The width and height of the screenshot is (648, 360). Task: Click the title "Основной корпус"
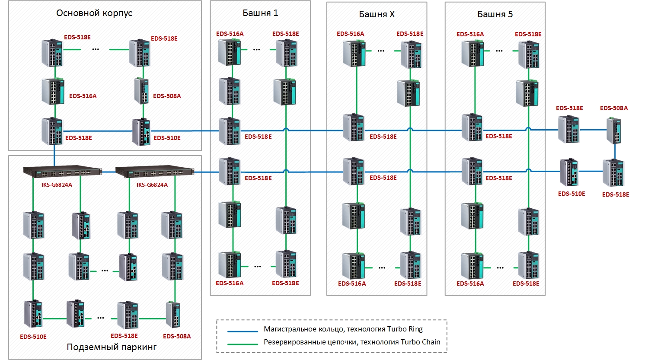click(94, 13)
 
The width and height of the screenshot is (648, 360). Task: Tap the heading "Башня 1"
click(260, 13)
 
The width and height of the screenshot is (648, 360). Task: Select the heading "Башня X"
click(377, 14)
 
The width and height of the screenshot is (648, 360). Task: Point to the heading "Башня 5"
click(495, 14)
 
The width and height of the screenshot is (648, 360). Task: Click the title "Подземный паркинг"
click(112, 347)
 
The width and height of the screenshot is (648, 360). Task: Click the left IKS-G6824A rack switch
click(63, 171)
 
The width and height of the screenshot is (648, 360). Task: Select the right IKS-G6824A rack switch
click(155, 171)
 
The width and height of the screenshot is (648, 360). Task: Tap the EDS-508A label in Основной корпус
click(167, 96)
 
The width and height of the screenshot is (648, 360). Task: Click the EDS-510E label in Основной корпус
click(167, 138)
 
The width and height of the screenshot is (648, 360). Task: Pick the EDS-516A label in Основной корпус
click(83, 96)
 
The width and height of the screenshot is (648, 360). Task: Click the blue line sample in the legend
click(243, 331)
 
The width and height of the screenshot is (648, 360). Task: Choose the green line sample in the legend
click(243, 344)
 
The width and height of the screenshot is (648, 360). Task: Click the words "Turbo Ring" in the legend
click(405, 329)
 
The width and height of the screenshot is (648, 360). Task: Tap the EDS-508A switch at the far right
click(614, 131)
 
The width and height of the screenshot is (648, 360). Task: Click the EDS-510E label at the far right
click(571, 194)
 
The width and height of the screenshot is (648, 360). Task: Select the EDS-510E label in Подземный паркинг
click(33, 337)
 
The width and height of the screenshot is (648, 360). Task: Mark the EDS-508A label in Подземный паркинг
click(177, 336)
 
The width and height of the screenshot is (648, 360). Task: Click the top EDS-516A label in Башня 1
click(230, 34)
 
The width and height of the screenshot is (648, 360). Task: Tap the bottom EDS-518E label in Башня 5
click(526, 284)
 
